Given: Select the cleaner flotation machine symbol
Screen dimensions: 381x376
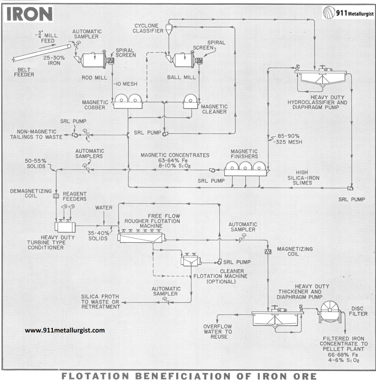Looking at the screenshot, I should tap(191, 260).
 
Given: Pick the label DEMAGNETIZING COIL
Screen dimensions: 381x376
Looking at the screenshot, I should tap(30, 193).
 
